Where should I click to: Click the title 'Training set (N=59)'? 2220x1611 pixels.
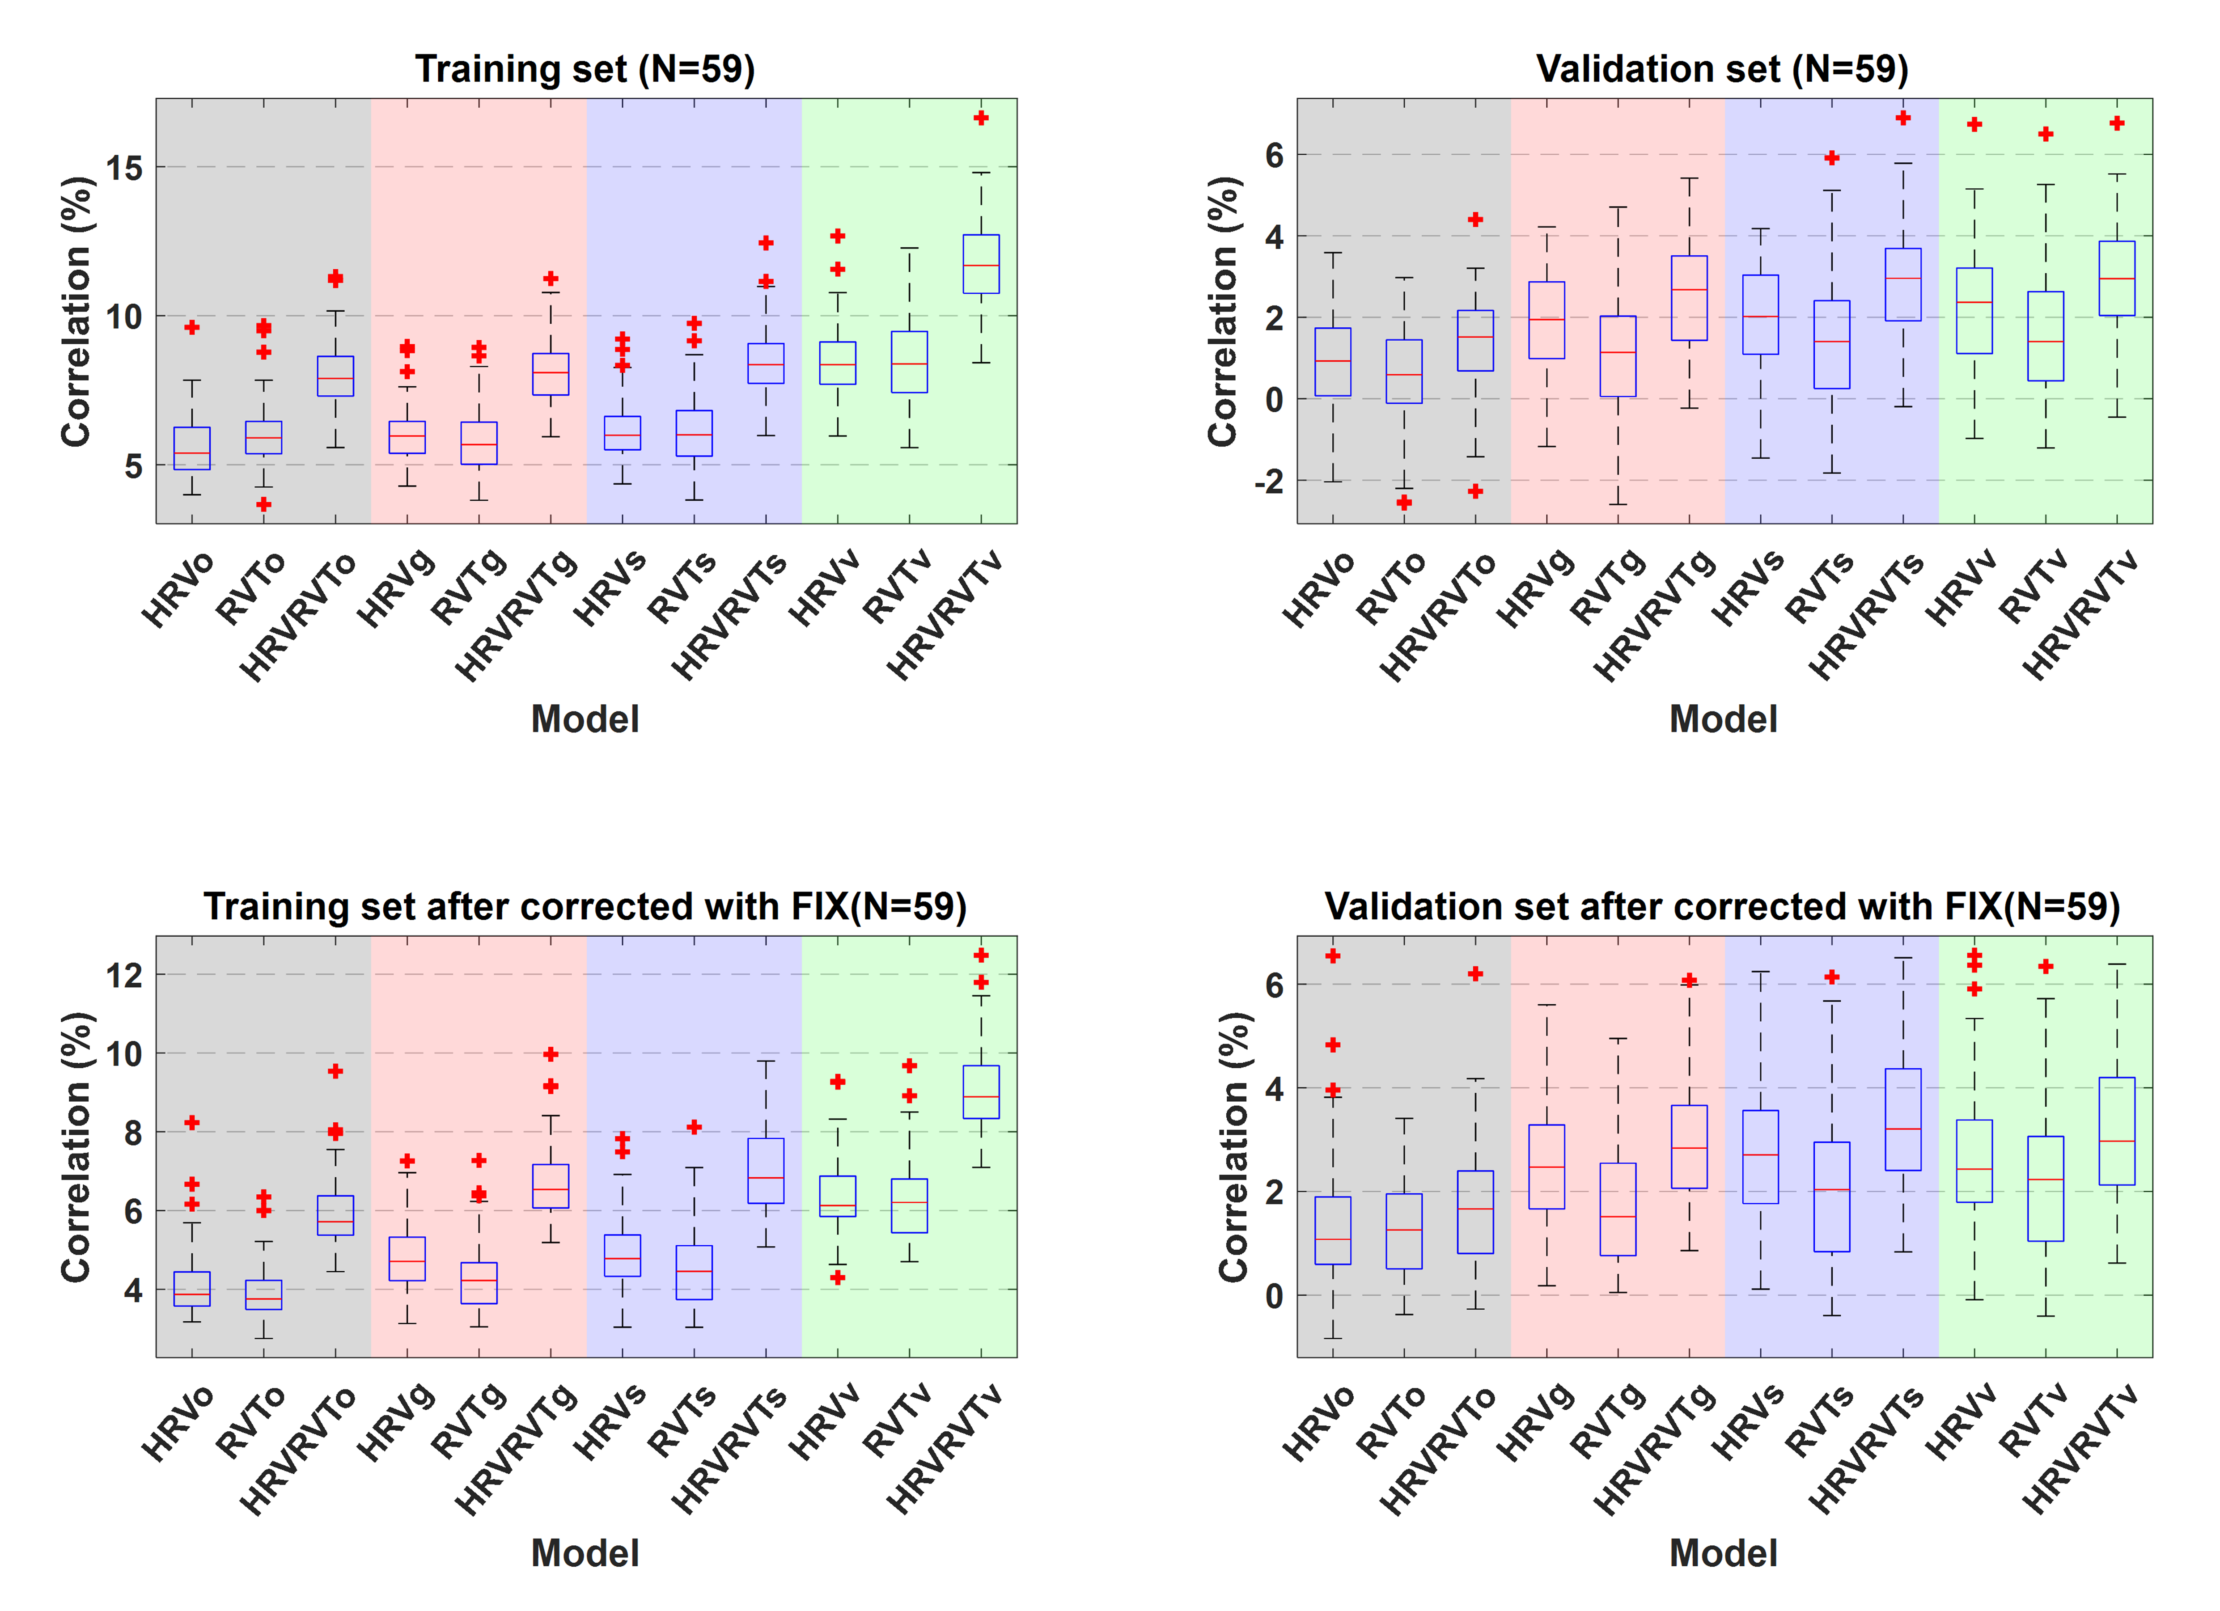point(585,69)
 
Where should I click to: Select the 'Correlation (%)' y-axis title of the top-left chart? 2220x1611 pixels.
point(76,311)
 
